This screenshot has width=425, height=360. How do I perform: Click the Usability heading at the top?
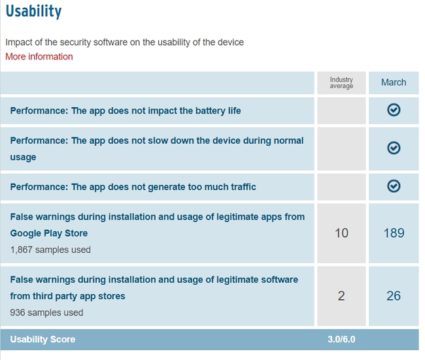click(33, 12)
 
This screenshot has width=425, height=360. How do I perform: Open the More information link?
click(39, 57)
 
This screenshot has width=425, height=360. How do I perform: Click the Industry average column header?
click(341, 82)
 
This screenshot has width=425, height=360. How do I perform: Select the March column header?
click(394, 82)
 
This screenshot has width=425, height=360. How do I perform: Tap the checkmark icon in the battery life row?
click(394, 110)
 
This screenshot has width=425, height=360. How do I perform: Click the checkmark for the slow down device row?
click(394, 148)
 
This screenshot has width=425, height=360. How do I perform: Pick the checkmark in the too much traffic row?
click(394, 187)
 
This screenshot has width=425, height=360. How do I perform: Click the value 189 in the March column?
click(394, 233)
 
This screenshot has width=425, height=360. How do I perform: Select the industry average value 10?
click(341, 233)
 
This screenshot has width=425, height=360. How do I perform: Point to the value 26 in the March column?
click(394, 295)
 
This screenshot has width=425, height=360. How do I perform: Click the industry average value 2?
click(341, 295)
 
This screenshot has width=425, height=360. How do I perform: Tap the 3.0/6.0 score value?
click(341, 339)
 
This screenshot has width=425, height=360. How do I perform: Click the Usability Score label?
click(42, 339)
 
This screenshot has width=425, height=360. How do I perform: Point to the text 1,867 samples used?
click(50, 250)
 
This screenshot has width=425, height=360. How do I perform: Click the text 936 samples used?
click(46, 312)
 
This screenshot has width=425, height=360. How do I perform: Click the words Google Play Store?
click(49, 233)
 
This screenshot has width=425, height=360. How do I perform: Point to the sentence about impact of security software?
click(124, 42)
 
